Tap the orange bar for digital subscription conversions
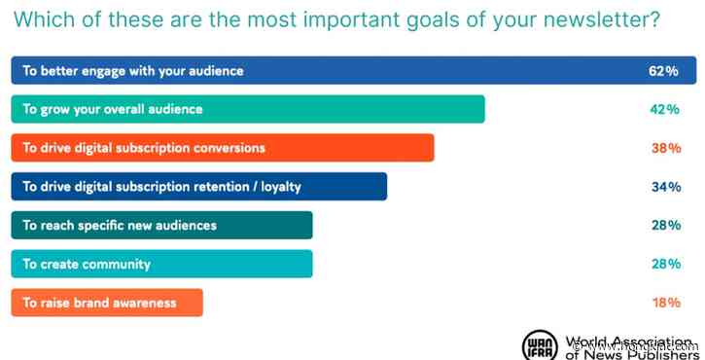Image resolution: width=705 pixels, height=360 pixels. click(x=223, y=148)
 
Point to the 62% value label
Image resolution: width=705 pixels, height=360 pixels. click(x=663, y=71)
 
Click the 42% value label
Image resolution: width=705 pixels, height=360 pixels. click(x=664, y=109)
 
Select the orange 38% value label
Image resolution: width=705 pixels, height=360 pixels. click(x=665, y=148)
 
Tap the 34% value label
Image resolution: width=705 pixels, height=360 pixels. click(x=665, y=187)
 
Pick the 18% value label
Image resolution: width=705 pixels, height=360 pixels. click(x=665, y=303)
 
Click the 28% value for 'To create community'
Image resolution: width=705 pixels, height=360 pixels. click(x=665, y=264)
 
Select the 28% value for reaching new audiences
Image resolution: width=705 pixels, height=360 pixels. click(x=665, y=225)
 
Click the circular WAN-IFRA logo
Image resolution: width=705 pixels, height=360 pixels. click(x=540, y=345)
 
